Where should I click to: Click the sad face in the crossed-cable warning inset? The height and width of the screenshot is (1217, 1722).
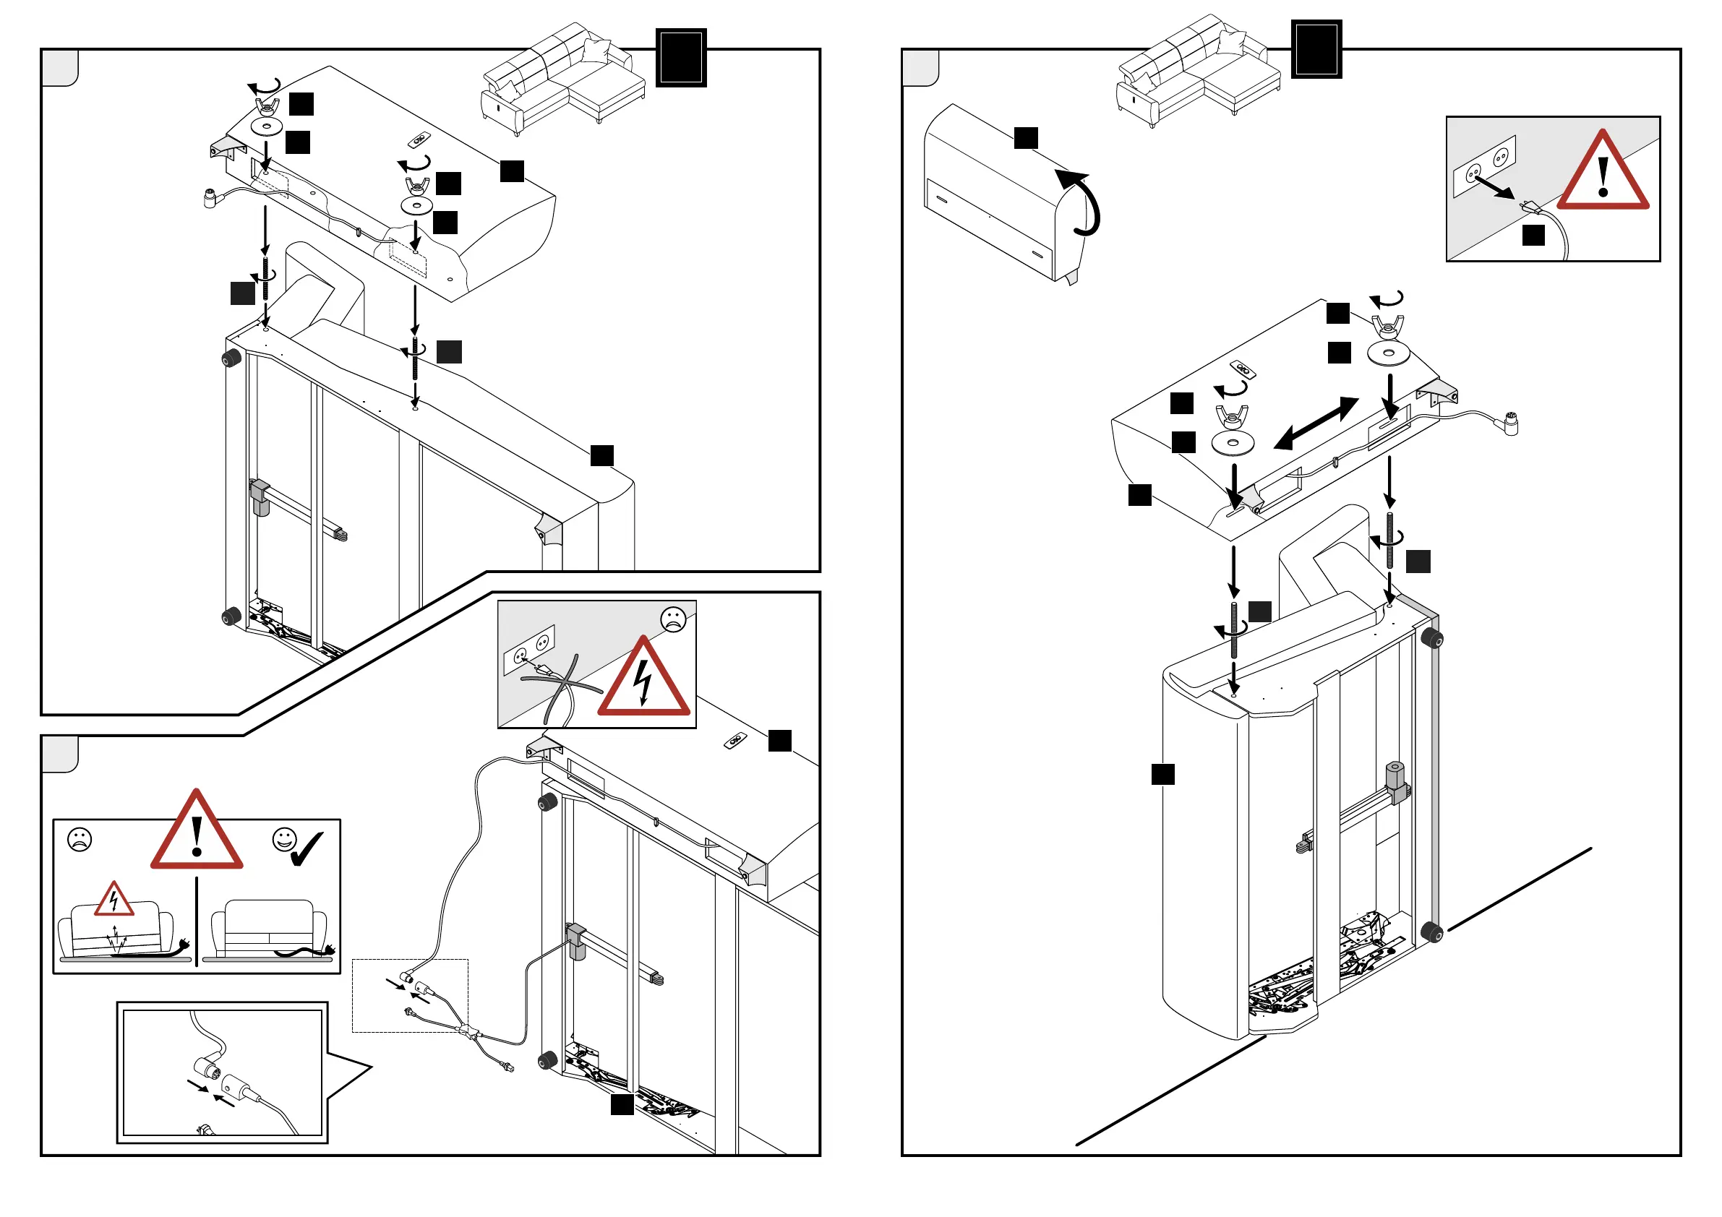674,619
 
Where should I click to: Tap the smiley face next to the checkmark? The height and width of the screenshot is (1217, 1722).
284,839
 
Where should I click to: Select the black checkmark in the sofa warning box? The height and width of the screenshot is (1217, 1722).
307,849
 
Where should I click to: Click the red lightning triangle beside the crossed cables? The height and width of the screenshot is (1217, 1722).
643,679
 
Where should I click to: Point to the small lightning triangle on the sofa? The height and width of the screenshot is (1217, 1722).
114,900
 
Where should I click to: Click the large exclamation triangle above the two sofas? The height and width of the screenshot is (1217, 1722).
197,833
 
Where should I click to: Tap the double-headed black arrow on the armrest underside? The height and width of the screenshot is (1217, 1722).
1316,423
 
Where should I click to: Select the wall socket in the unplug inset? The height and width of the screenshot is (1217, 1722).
1484,165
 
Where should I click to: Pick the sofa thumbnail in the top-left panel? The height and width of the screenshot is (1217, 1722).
562,79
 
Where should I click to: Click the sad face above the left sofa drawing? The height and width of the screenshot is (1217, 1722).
80,839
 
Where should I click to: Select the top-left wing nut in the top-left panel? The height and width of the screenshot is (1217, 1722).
266,106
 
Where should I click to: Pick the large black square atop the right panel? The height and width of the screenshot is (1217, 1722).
1316,49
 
